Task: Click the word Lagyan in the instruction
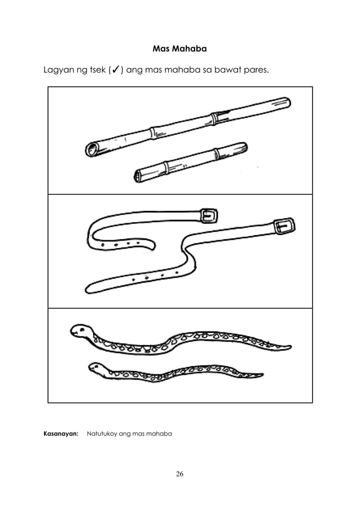(x=60, y=72)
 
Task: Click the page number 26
(x=179, y=473)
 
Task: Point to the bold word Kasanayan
(x=60, y=434)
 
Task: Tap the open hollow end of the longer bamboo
(x=90, y=149)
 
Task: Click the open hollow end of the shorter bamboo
(x=138, y=177)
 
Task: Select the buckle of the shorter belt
(x=209, y=215)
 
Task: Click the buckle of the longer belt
(x=283, y=226)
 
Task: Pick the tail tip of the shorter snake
(x=261, y=374)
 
